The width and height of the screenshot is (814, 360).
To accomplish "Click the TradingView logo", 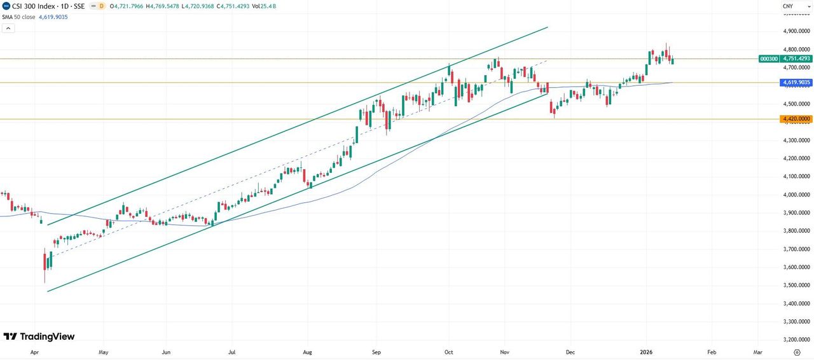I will pyautogui.click(x=39, y=336).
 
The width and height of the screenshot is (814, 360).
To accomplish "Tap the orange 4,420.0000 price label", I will pyautogui.click(x=795, y=119).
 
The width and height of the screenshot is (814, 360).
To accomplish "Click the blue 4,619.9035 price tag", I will pyautogui.click(x=795, y=83).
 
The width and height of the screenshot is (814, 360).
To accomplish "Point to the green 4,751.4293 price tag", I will pyautogui.click(x=796, y=59).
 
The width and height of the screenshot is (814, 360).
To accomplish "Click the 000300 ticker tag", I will pyautogui.click(x=769, y=59).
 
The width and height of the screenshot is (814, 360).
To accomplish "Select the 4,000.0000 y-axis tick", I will pyautogui.click(x=797, y=195).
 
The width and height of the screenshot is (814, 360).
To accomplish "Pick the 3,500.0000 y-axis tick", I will pyautogui.click(x=797, y=285).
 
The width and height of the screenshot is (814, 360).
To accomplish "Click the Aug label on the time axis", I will pyautogui.click(x=308, y=351).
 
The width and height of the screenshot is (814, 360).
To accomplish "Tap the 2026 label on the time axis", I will pyautogui.click(x=646, y=351).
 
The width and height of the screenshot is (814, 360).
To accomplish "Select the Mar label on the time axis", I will pyautogui.click(x=758, y=351).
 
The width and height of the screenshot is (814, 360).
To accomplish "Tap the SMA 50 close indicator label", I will pyautogui.click(x=19, y=17).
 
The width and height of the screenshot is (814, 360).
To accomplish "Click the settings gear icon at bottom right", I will pyautogui.click(x=797, y=351).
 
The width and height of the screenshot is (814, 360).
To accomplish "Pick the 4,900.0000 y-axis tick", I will pyautogui.click(x=797, y=31).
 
